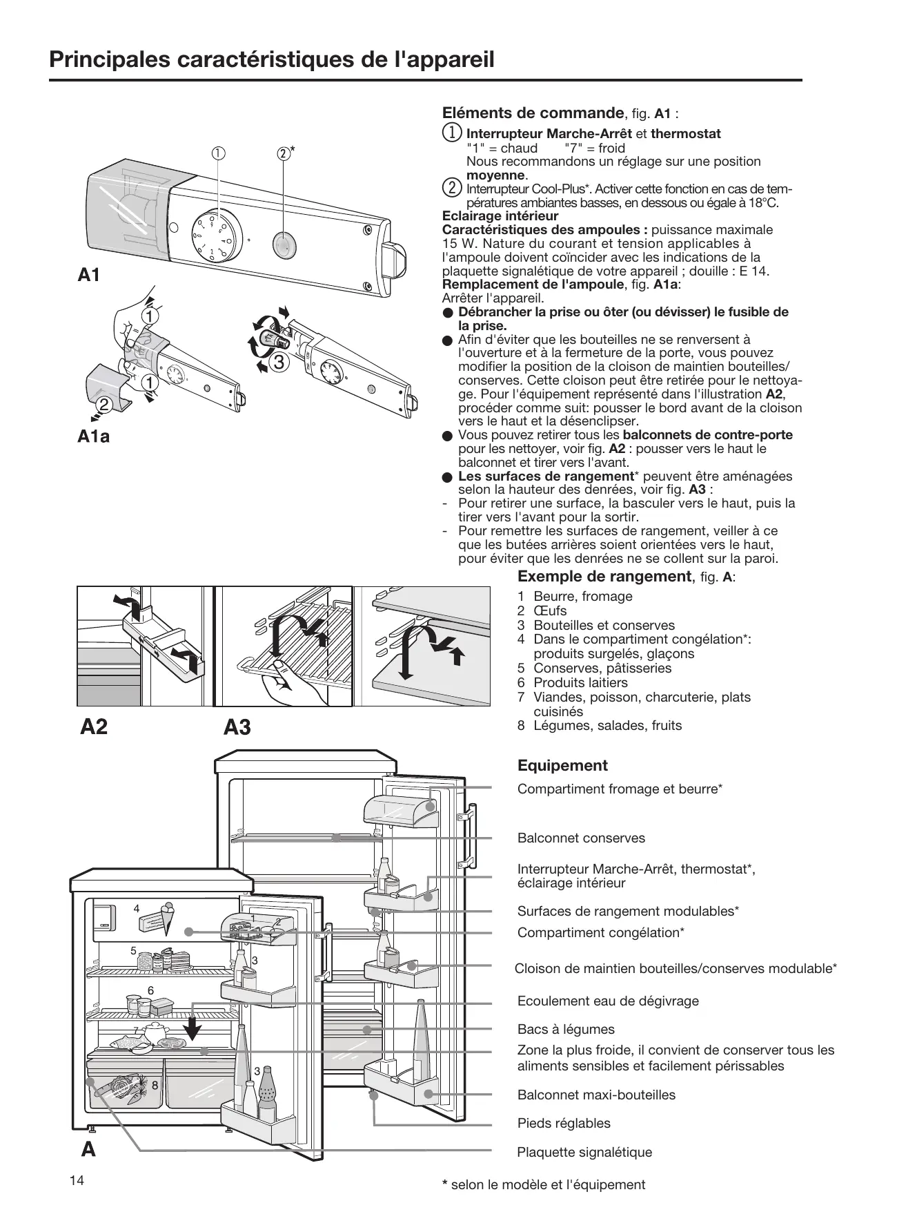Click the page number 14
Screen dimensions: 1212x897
coord(77,1180)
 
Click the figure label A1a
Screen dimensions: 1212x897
coord(94,436)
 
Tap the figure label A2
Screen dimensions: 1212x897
coord(94,727)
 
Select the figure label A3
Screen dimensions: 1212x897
coord(237,727)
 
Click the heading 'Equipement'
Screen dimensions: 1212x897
coord(562,765)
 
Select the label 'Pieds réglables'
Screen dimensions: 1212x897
coord(564,1123)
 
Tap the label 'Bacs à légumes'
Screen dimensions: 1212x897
coord(566,1029)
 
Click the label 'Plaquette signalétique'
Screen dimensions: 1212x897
coord(584,1152)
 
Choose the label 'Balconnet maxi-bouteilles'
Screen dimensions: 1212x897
coord(596,1095)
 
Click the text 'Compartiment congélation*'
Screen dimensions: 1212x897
coord(600,932)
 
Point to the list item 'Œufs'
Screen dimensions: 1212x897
coord(550,610)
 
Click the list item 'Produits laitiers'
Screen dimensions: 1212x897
coord(580,682)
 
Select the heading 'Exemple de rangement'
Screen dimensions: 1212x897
coord(604,577)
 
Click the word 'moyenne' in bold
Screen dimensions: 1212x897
coord(495,175)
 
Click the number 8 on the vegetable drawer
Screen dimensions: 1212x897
coord(155,1085)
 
